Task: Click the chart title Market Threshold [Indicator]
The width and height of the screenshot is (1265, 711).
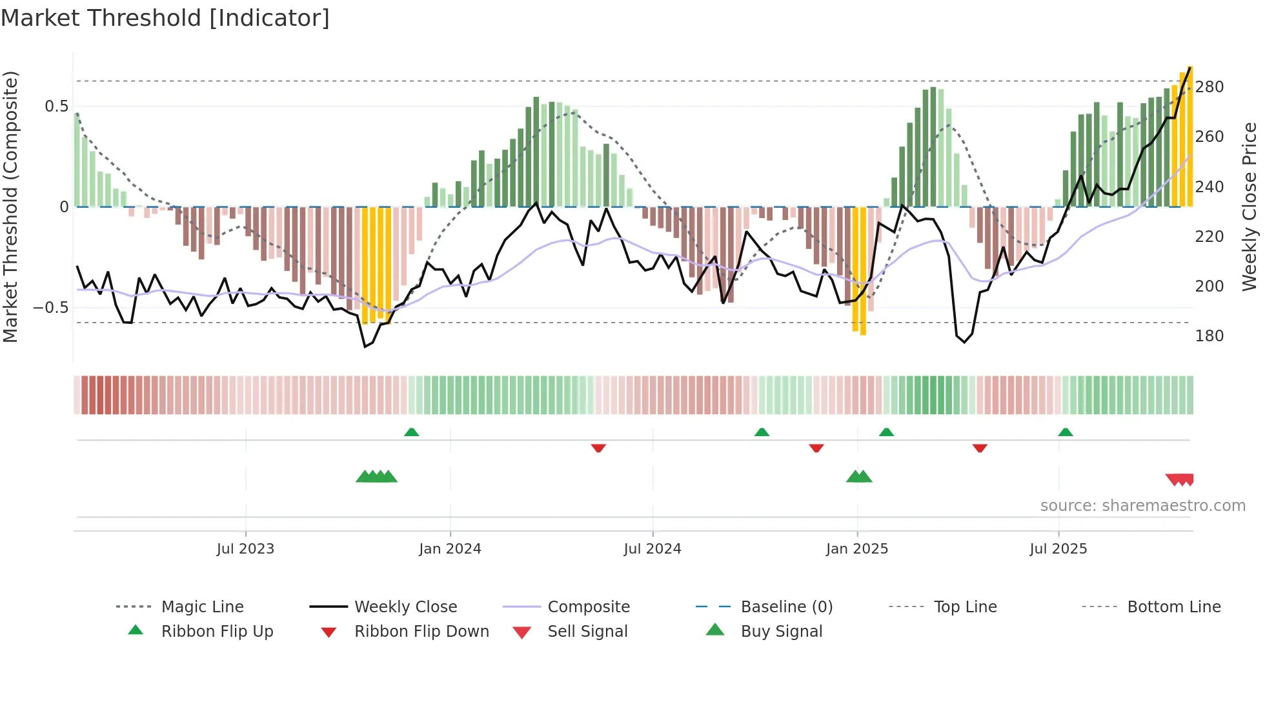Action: point(165,18)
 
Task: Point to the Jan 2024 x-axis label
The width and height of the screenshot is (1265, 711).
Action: point(450,549)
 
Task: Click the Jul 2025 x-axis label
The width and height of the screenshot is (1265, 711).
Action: point(1058,549)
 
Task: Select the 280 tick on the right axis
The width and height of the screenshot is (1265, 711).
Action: point(1209,87)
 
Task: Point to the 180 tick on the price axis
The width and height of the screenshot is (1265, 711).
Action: point(1209,336)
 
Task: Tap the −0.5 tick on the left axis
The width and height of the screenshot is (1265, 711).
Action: point(51,308)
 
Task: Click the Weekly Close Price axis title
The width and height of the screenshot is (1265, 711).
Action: point(1250,206)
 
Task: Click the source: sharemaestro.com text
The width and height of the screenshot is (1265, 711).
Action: point(1142,506)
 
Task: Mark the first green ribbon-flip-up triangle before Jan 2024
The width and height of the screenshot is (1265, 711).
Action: point(411,432)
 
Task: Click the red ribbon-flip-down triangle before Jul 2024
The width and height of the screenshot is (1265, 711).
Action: point(598,448)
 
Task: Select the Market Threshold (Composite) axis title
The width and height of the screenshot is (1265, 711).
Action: point(11,206)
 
